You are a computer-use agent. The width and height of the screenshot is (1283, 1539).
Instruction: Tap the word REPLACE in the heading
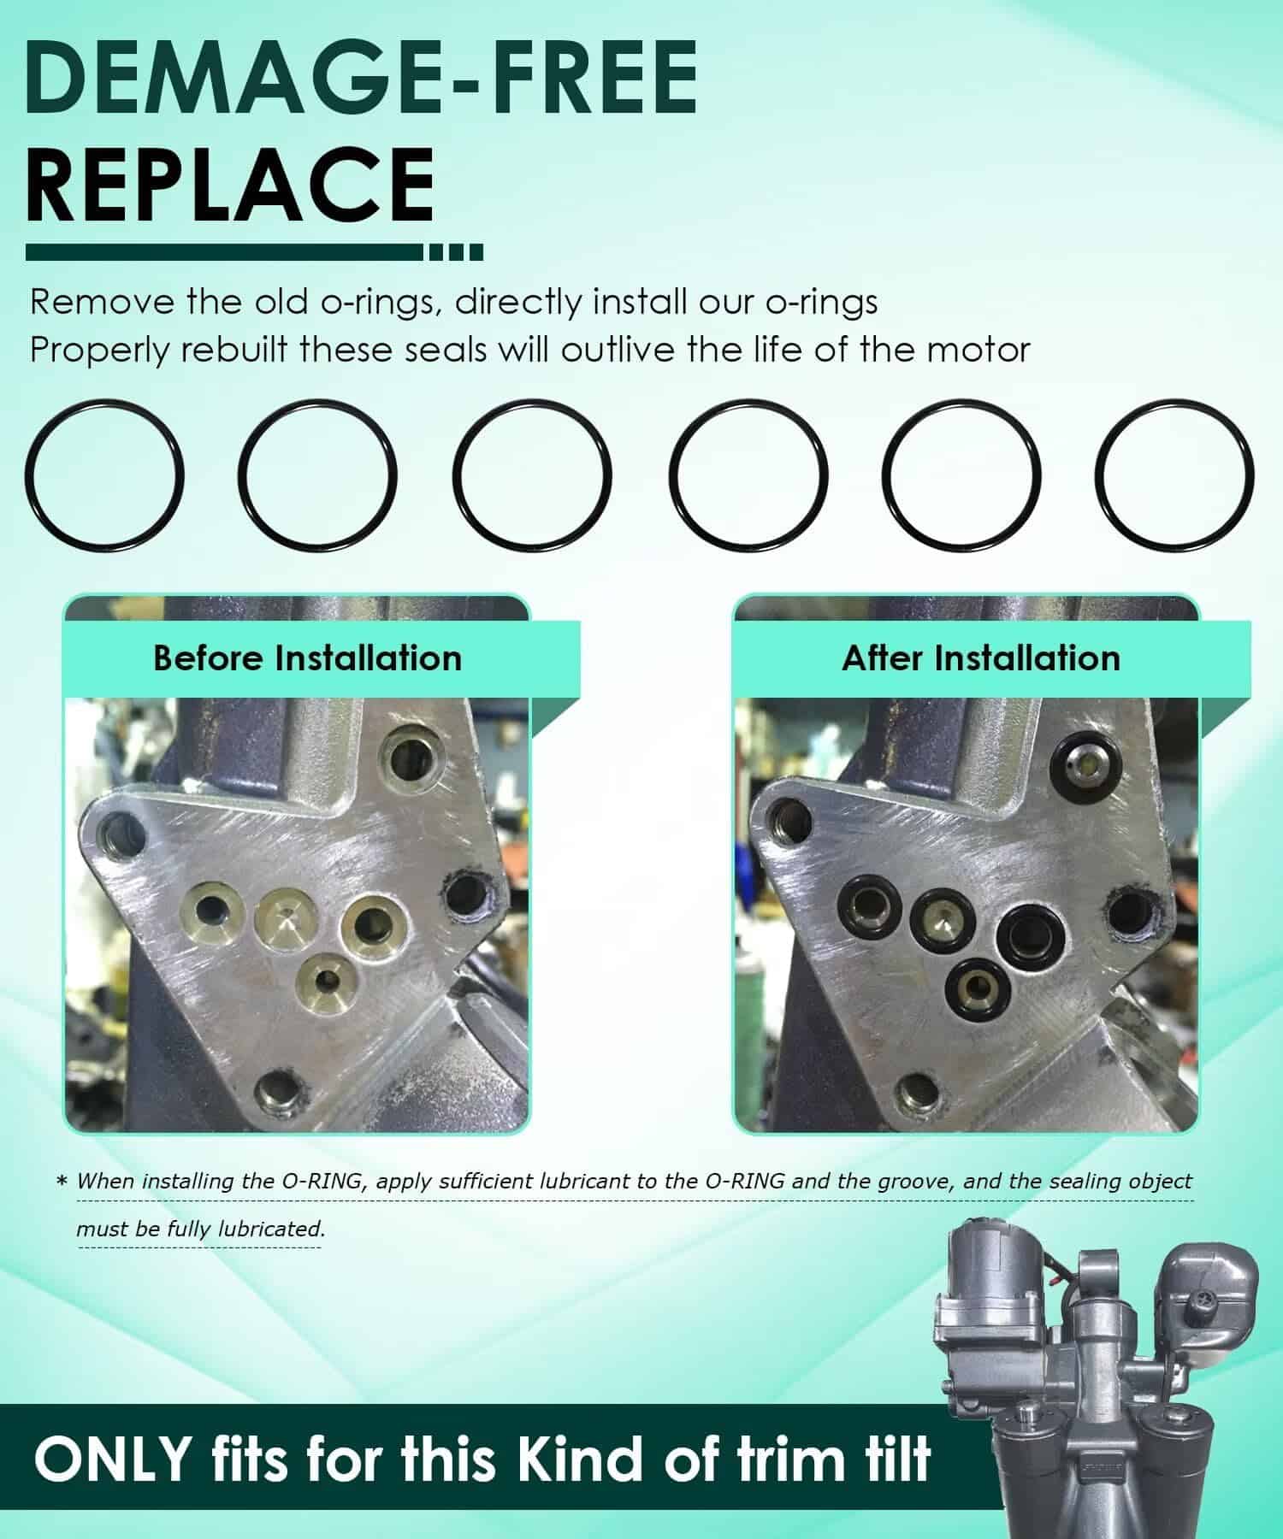[229, 186]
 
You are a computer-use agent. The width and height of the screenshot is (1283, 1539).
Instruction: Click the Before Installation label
[307, 658]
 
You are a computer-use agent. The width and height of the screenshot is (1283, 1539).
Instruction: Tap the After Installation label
[981, 658]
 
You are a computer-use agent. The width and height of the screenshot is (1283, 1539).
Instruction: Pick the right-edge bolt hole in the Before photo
[467, 898]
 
